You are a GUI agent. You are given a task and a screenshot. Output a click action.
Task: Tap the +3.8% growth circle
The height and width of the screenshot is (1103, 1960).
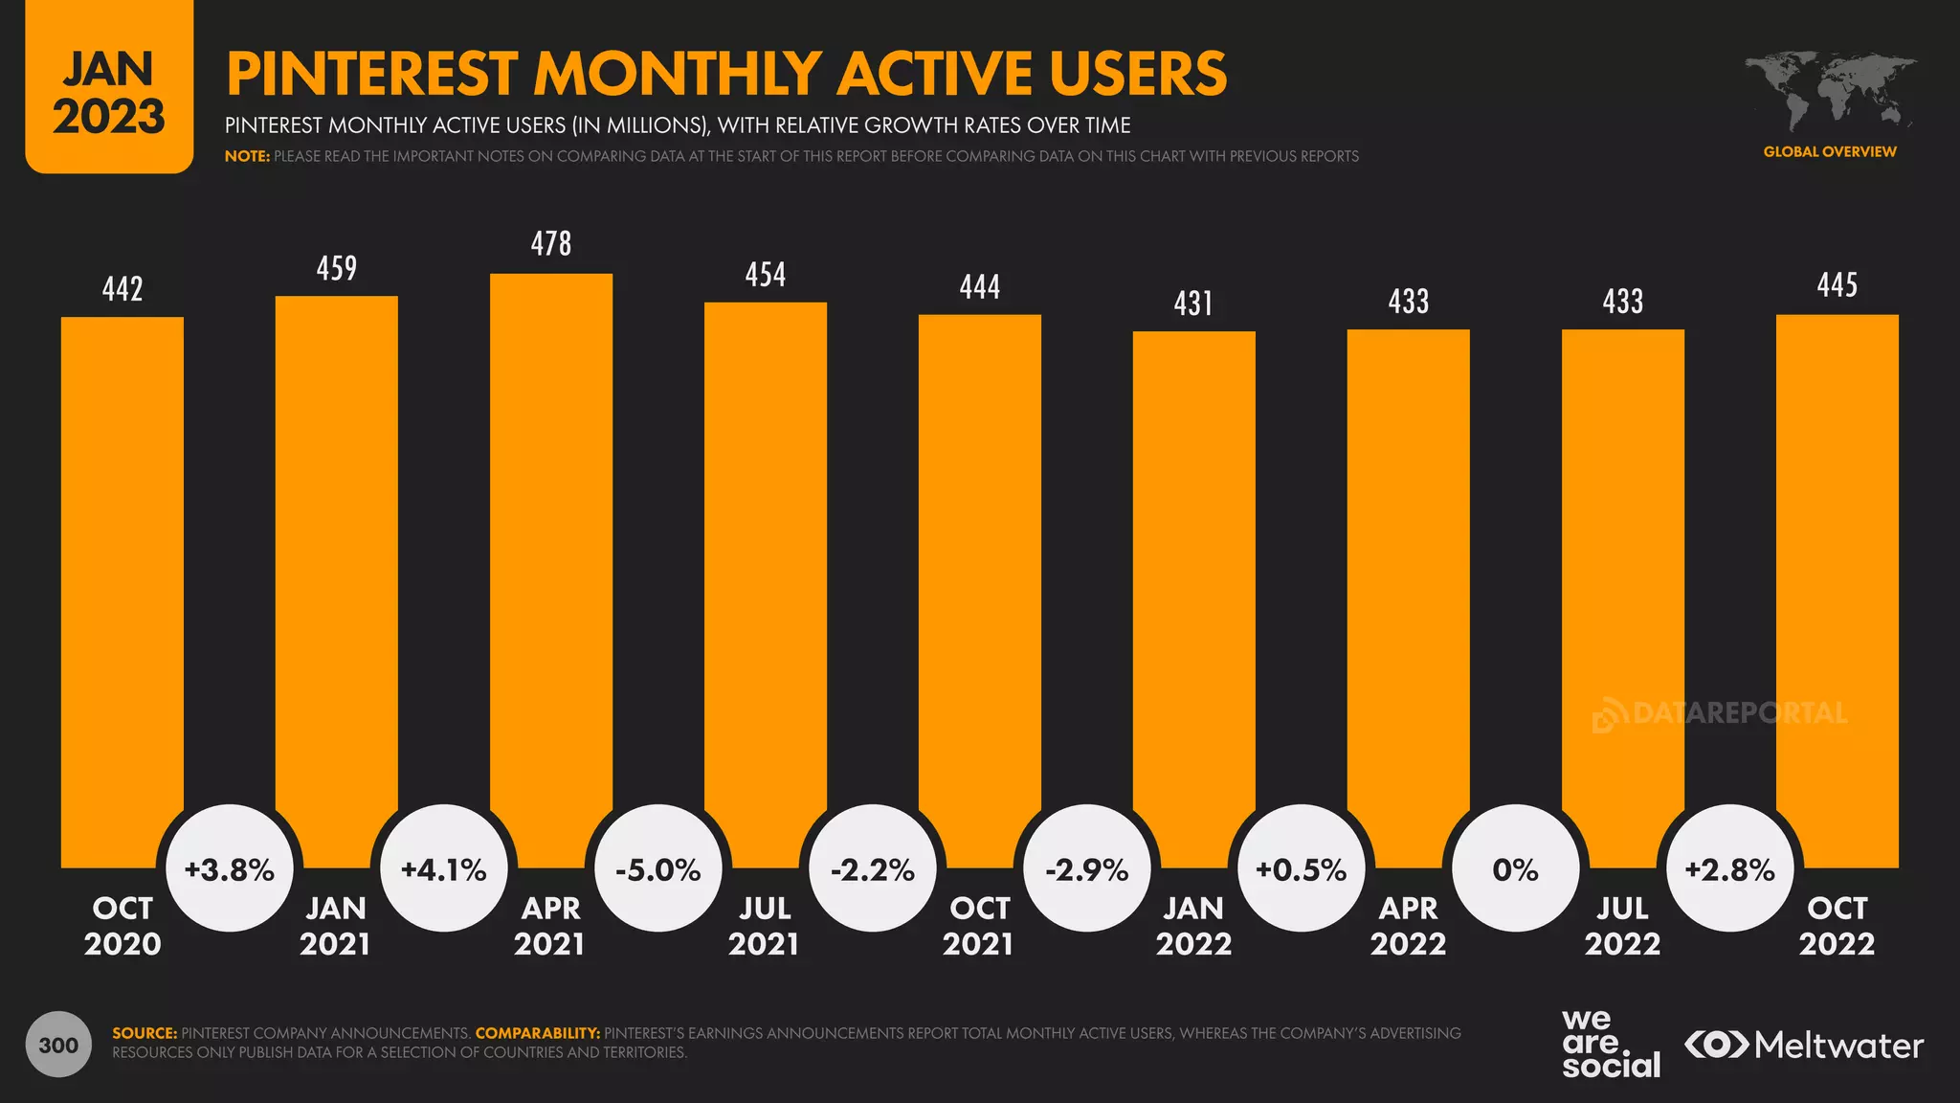click(230, 868)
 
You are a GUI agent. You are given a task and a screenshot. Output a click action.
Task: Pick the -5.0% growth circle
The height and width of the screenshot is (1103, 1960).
click(658, 868)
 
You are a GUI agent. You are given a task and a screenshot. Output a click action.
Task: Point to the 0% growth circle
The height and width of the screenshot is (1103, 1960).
click(1516, 868)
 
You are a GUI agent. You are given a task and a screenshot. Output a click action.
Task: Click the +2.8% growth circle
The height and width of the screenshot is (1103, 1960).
click(1729, 868)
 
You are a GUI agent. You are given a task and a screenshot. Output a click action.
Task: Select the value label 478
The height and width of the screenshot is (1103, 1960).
click(551, 244)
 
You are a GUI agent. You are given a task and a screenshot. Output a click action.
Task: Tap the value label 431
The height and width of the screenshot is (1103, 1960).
click(1193, 304)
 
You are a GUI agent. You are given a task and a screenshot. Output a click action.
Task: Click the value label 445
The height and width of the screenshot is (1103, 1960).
click(1837, 285)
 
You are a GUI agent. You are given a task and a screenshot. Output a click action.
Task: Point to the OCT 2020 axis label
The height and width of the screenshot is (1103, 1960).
click(122, 926)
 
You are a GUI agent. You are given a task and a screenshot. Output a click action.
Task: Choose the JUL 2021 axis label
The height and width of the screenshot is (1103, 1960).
click(765, 926)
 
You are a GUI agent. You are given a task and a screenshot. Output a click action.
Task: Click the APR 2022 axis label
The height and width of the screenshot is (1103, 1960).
click(1408, 926)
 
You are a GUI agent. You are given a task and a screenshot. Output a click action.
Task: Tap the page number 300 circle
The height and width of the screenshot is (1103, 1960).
click(58, 1045)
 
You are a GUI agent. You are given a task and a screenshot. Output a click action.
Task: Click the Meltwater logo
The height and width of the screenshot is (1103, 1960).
click(1804, 1045)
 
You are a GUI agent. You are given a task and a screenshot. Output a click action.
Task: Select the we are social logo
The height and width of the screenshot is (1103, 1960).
click(1611, 1045)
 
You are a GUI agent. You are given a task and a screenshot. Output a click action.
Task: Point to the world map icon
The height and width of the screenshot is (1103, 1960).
click(1829, 92)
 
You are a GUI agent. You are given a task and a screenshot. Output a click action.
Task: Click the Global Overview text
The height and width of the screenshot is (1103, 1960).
click(1829, 151)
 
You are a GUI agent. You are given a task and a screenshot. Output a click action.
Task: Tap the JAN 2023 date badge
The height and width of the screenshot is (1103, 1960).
click(109, 92)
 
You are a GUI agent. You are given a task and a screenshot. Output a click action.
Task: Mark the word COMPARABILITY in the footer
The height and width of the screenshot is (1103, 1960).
click(538, 1033)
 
